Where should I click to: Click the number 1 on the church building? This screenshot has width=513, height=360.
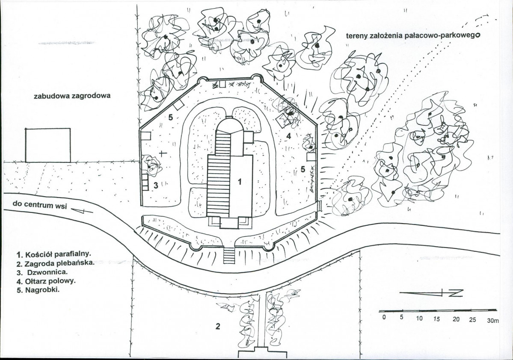pos(240,181)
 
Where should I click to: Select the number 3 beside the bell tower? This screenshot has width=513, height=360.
pos(156,186)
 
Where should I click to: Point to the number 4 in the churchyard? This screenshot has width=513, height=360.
pos(288,136)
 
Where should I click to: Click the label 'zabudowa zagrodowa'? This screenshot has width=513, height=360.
pos(72,96)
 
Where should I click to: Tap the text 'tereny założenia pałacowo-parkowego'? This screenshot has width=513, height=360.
pos(413,35)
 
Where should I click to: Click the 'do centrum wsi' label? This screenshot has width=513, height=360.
pos(40,205)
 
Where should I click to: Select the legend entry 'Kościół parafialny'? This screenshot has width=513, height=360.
pos(54,254)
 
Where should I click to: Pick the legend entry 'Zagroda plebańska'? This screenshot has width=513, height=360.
pos(55,263)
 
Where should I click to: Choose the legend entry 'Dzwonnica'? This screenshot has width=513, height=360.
pos(43,272)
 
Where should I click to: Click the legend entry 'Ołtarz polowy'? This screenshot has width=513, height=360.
pos(46,281)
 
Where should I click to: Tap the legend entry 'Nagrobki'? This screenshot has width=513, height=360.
pos(38,290)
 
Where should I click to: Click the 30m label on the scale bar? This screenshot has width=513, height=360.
pos(493,321)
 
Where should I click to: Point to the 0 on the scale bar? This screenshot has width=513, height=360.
pos(384,317)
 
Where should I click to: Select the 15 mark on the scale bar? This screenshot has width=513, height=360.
pos(436,319)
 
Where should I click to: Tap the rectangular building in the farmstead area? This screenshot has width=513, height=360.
pos(48,145)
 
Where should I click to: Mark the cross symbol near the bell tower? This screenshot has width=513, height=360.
pos(163,153)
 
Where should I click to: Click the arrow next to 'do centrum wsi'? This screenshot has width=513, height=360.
pos(82,211)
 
